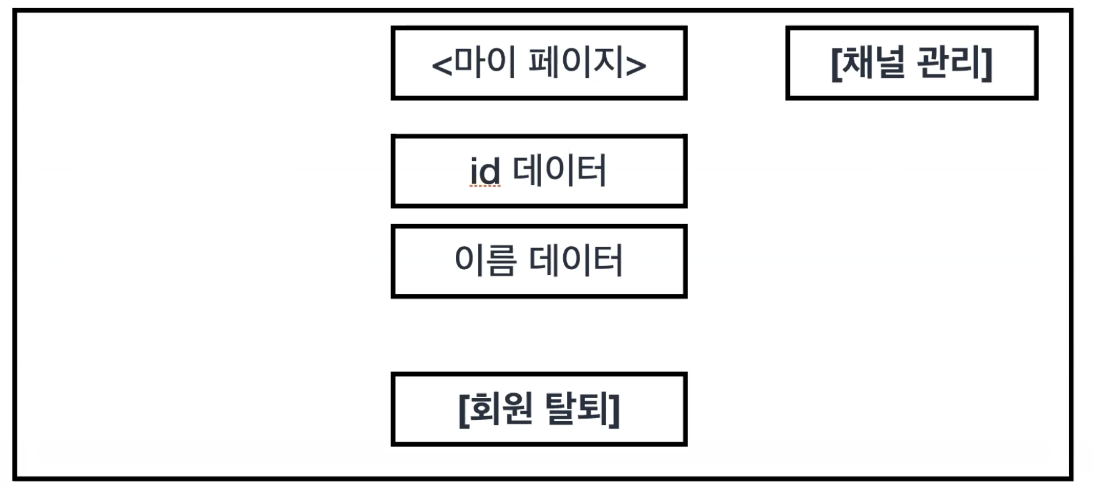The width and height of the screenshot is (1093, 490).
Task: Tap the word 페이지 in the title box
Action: [x=576, y=63]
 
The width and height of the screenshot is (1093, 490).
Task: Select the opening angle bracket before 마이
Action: [x=442, y=65]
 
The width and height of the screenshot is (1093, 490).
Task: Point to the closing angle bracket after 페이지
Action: [x=636, y=65]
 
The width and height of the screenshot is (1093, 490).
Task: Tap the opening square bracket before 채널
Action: [x=836, y=63]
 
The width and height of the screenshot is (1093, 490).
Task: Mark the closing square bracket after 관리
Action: [x=987, y=63]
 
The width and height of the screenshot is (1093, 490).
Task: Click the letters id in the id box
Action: [x=484, y=171]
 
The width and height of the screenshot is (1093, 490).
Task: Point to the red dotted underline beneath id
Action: [x=484, y=185]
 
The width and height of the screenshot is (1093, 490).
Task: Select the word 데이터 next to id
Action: [x=560, y=171]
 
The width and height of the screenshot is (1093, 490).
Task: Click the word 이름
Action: [x=485, y=261]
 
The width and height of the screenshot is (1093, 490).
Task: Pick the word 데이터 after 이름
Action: [x=576, y=261]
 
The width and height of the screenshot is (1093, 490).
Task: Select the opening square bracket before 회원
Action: [x=463, y=409]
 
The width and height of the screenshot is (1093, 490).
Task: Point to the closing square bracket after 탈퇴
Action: [x=615, y=409]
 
